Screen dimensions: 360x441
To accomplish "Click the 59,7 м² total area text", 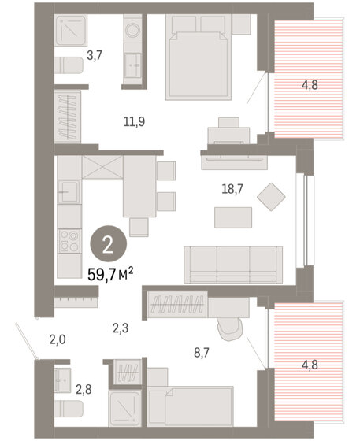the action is coord(110,274).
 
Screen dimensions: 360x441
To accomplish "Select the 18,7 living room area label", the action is coord(232,189).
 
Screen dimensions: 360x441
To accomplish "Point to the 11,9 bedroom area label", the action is coord(134,122).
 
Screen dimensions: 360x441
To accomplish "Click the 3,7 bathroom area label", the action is coord(94,55).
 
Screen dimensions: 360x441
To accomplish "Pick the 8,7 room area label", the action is coord(202,352).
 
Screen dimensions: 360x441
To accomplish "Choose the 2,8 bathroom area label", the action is coord(84,390).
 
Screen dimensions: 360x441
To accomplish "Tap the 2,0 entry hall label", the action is coord(58,339).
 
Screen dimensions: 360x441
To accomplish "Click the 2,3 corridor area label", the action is coord(121,328).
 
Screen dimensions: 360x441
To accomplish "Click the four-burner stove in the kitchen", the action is coord(69,241).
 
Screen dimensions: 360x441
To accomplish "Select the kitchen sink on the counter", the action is coord(68,192).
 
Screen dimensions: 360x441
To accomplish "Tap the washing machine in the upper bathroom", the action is coord(132,30).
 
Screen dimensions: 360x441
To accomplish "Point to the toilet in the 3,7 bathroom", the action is coord(69,65).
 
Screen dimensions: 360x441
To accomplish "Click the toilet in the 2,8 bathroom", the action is coord(69,409).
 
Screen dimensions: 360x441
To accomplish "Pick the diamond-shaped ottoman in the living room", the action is coord(271,197).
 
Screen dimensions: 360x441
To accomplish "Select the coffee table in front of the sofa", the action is coord(233,217).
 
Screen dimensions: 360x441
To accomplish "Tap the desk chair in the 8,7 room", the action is coord(230,329).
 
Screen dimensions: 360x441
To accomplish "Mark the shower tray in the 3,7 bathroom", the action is coord(70,30).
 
